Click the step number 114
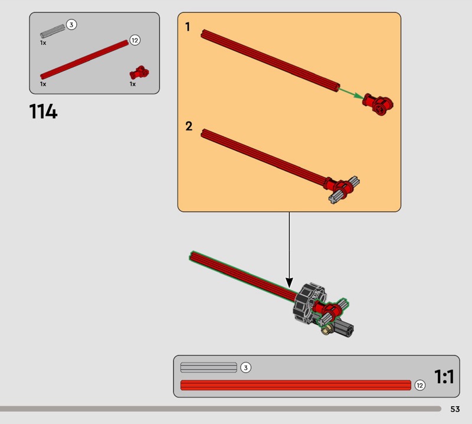[43, 112]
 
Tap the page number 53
[455, 409]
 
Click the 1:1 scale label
[444, 377]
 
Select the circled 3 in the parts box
[71, 24]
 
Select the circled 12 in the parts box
[135, 40]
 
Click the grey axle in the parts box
[53, 31]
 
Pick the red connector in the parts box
[139, 73]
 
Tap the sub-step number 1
[188, 27]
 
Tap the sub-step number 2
[189, 126]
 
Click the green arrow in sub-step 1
[351, 93]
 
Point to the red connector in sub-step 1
[378, 105]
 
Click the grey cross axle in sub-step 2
[344, 190]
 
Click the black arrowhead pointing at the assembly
[289, 283]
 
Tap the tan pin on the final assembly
[327, 330]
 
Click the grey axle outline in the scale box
[209, 367]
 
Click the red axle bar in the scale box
[296, 385]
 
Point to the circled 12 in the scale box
[420, 385]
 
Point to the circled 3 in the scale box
[245, 368]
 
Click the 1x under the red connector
[132, 84]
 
